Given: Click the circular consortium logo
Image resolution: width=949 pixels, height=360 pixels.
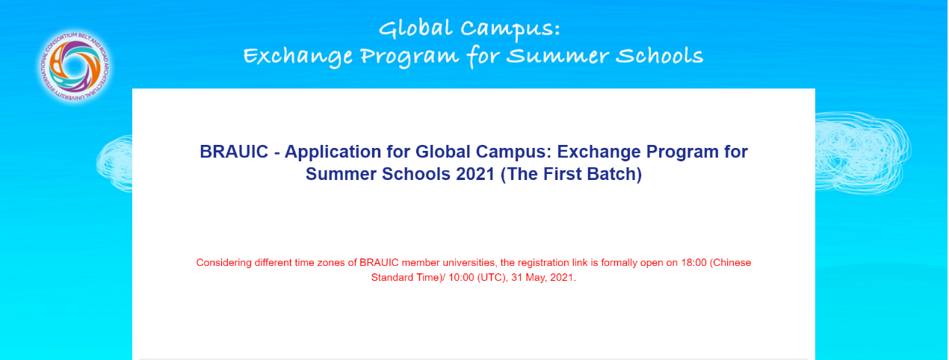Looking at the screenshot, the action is [75, 66].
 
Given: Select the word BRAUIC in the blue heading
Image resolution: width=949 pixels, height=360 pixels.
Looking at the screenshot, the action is [234, 152].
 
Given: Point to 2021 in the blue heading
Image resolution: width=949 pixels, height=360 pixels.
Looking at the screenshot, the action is [475, 174].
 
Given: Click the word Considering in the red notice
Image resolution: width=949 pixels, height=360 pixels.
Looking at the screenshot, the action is [223, 263].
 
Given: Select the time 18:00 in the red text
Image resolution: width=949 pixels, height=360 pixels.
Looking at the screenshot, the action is [693, 263].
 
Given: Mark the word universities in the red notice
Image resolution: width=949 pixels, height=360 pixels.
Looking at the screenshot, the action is [469, 263].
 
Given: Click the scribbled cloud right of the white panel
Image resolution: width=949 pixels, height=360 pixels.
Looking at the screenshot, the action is [862, 152].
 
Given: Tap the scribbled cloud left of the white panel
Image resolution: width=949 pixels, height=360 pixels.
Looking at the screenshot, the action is [114, 163].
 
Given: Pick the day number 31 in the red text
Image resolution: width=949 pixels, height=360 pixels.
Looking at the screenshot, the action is [516, 278].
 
